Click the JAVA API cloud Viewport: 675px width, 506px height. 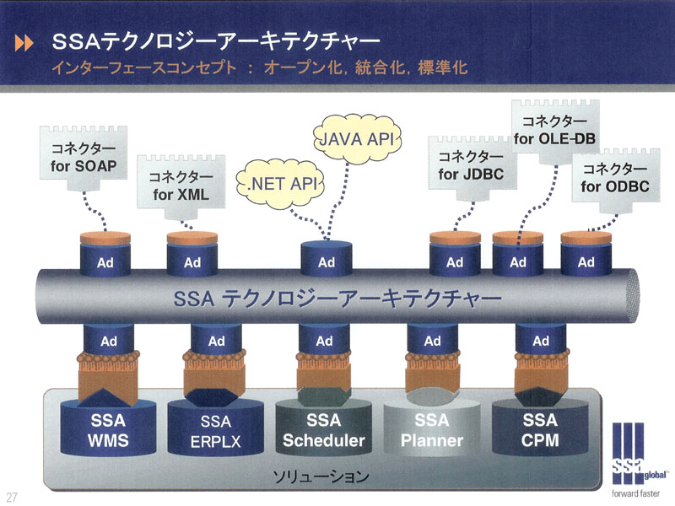357,138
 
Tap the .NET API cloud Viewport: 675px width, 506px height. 280,184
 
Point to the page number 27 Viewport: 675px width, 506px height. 12,497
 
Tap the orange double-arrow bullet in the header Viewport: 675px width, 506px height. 24,43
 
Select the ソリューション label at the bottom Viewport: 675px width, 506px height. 321,476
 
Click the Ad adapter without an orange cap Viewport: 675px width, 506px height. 327,258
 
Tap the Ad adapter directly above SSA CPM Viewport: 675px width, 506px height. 541,340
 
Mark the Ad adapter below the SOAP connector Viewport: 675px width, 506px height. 105,256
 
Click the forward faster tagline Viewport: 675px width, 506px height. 635,493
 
